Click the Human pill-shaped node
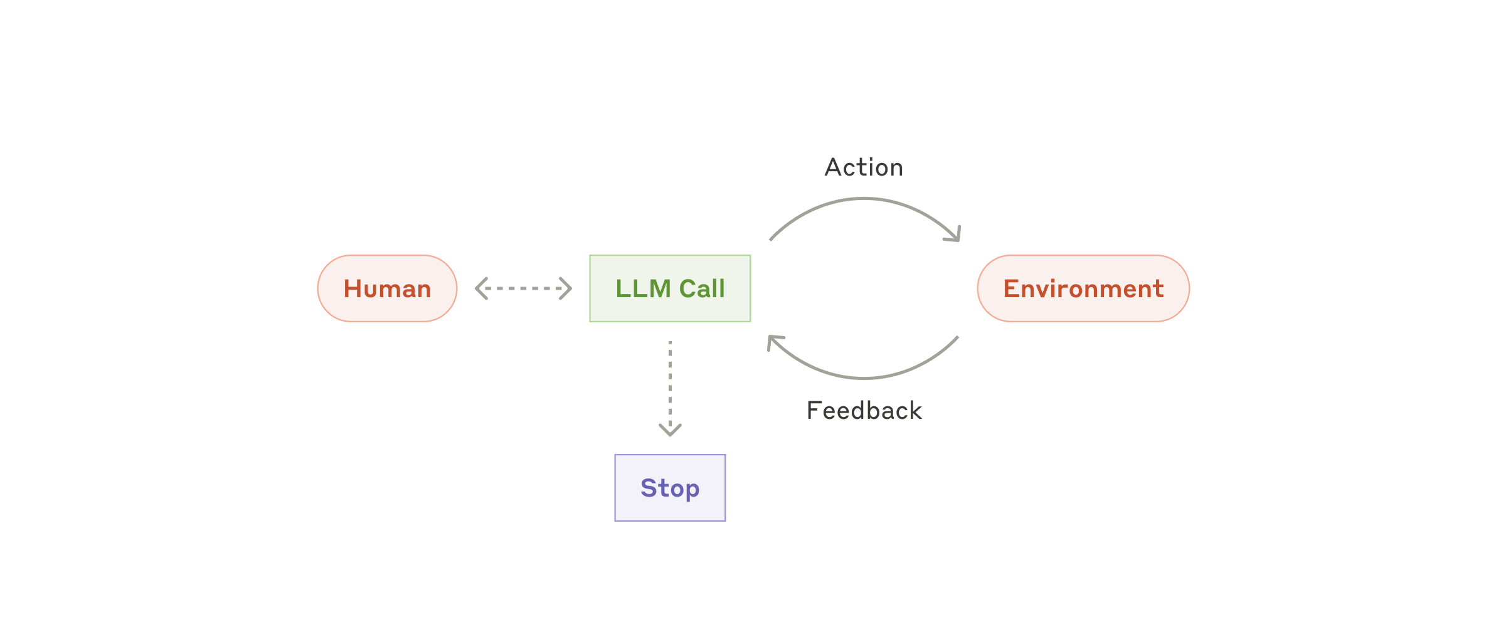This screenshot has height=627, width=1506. [x=387, y=288]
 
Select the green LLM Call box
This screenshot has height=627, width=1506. [x=670, y=288]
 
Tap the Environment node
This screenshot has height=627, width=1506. [x=1083, y=288]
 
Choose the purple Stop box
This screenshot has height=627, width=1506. [x=670, y=488]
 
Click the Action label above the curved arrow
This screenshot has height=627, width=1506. [x=864, y=167]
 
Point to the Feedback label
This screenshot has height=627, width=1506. [x=864, y=411]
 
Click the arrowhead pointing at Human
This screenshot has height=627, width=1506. [x=480, y=288]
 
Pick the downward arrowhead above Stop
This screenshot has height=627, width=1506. [x=670, y=431]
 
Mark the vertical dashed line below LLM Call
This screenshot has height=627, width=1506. [x=670, y=382]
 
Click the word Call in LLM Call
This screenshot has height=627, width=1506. [x=702, y=288]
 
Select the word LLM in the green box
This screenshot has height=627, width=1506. [x=643, y=288]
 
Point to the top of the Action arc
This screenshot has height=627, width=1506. [x=864, y=199]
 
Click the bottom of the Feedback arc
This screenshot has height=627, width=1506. [x=864, y=378]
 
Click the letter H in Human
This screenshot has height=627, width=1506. [x=352, y=288]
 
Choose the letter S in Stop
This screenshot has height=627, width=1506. [x=648, y=488]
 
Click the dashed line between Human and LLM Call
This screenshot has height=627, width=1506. [x=524, y=288]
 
